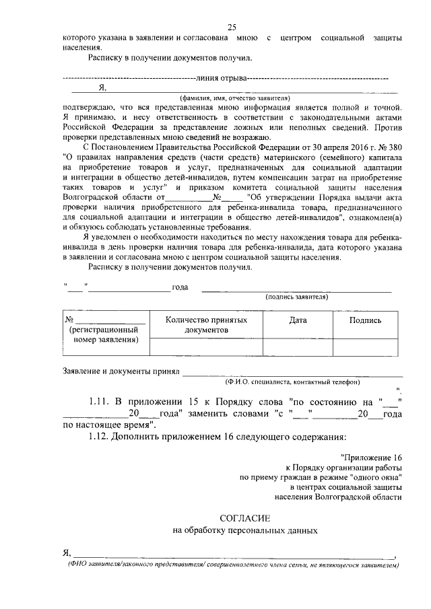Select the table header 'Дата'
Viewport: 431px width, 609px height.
pos(298,321)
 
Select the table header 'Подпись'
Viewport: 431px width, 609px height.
pos(365,321)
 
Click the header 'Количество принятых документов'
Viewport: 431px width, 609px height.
pos(205,326)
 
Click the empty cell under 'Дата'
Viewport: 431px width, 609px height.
pos(298,346)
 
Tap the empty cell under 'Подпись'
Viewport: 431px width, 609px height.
pos(365,346)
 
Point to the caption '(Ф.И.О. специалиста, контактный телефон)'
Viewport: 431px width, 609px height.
pos(294,382)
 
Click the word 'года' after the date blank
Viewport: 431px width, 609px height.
pos(180,288)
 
